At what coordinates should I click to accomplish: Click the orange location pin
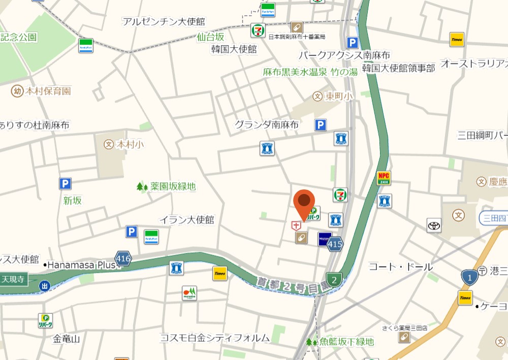304,203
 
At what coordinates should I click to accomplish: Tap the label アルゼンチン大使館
164,21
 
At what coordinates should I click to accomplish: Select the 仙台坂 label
211,37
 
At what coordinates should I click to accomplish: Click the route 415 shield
335,244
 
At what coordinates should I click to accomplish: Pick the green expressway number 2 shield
334,279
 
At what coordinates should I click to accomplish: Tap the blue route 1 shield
469,277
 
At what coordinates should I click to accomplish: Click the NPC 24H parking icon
384,178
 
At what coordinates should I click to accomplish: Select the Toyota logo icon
434,225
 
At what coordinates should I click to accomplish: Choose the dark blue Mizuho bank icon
325,239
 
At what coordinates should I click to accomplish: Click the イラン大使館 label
187,220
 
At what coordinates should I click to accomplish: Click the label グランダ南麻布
266,124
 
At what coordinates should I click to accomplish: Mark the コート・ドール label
401,267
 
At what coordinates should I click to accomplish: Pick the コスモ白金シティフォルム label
214,338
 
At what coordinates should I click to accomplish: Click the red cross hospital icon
296,225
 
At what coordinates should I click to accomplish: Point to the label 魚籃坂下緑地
346,342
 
